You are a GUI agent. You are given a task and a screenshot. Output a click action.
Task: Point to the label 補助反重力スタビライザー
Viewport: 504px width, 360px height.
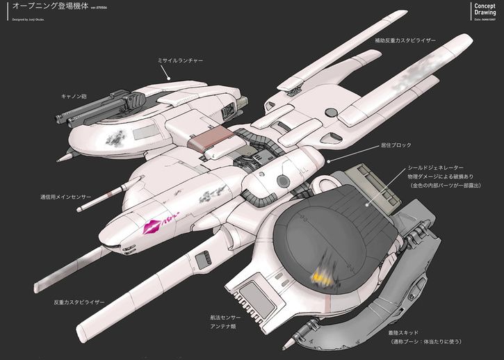click(405, 41)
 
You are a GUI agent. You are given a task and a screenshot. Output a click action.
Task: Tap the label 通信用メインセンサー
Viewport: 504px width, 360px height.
click(66, 197)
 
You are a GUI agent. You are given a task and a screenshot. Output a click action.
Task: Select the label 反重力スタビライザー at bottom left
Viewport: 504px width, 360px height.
click(79, 302)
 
